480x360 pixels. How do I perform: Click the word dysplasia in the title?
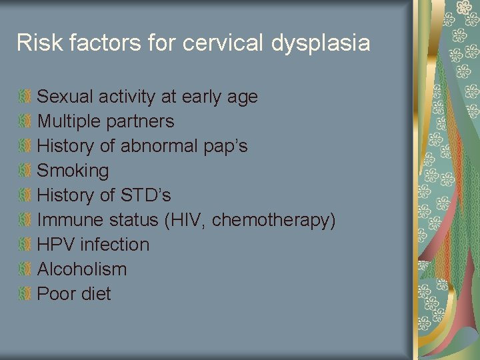pos(321,43)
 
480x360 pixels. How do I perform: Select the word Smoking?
pos(73,171)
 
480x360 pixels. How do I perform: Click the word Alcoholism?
pos(81,269)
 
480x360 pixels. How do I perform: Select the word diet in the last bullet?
pos(94,294)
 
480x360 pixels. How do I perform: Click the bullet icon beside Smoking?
pos(25,171)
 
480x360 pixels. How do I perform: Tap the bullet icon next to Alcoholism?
pos(25,269)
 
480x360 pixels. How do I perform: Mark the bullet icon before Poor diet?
pos(25,294)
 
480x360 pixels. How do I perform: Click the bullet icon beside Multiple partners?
pos(25,121)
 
